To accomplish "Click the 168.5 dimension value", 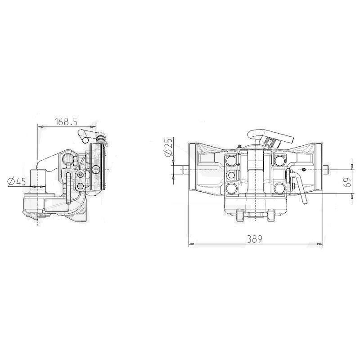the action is coord(66,121).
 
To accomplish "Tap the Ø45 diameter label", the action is coord(17,182).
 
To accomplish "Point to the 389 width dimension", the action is coord(255,239).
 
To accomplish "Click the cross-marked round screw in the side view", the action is coord(95,170).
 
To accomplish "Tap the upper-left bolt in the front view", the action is coord(231,160).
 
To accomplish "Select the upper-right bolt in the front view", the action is coord(279,160).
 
